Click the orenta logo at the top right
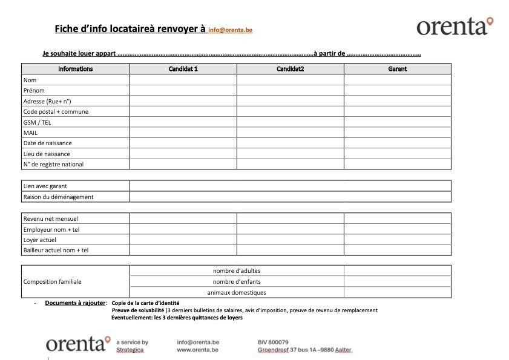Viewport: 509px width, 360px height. point(455,26)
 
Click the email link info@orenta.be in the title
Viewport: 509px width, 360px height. point(230,30)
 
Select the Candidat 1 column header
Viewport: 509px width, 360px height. point(183,69)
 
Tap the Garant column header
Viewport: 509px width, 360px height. point(397,69)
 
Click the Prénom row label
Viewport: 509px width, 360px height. point(34,91)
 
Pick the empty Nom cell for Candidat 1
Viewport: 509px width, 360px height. point(183,80)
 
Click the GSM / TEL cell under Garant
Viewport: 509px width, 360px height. point(397,122)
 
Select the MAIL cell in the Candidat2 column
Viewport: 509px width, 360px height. point(290,133)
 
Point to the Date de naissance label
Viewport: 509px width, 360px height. point(47,143)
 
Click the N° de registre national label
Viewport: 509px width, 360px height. point(53,165)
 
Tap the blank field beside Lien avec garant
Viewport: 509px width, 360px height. point(290,186)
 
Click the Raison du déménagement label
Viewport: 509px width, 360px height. point(58,197)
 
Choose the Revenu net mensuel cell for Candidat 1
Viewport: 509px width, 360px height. point(183,218)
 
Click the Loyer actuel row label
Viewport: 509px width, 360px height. point(39,240)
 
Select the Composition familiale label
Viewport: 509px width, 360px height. point(52,281)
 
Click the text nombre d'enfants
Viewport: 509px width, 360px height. point(237,282)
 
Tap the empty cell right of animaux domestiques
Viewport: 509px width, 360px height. point(397,292)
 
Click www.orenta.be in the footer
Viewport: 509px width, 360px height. point(198,350)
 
